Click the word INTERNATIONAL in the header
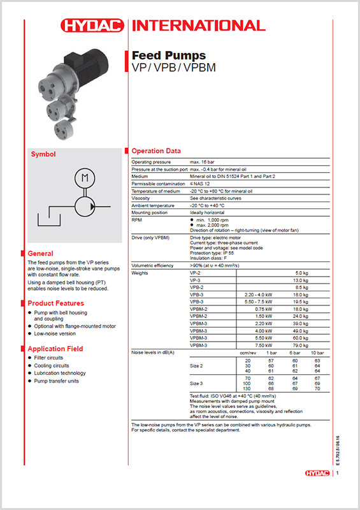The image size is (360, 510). point(198,25)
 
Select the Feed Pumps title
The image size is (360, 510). point(168,55)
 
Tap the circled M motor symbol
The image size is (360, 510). point(83,177)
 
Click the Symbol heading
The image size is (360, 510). point(44,154)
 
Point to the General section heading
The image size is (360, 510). point(40,253)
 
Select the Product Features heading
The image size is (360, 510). point(56,303)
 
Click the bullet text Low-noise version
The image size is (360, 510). point(56,333)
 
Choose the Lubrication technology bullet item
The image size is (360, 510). point(60,373)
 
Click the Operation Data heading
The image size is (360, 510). point(156,151)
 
